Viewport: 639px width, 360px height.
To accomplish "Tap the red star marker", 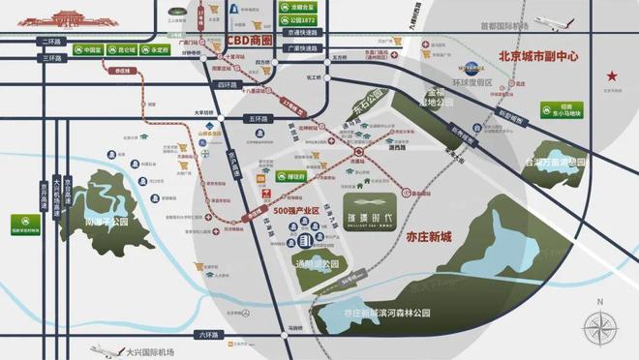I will click(x=611, y=75).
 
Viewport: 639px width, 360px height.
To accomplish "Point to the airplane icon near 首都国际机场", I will click(x=536, y=23).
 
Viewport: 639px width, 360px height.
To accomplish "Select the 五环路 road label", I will click(x=257, y=118).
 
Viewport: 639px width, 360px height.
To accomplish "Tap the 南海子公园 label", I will click(x=106, y=220).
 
